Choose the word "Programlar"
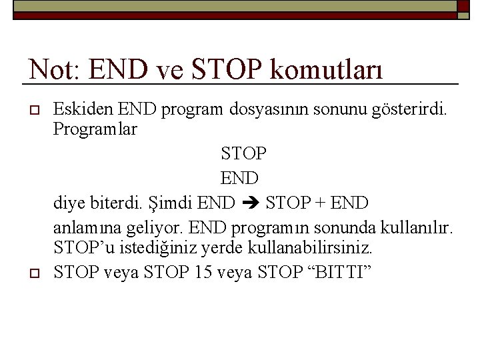pos(95,129)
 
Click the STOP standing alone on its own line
pos(244,154)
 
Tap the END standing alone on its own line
pos(239,178)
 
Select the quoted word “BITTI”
pos(339,273)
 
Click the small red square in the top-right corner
pos(463,6)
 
